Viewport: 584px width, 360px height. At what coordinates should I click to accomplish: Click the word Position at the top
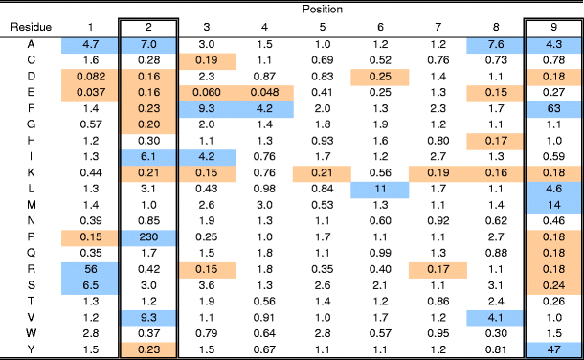(x=324, y=9)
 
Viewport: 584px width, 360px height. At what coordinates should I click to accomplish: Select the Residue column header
(x=31, y=27)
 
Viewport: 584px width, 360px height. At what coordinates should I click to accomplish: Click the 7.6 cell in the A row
(x=495, y=43)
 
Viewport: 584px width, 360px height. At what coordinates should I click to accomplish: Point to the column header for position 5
(x=323, y=27)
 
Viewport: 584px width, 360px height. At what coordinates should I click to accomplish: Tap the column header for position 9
(x=552, y=27)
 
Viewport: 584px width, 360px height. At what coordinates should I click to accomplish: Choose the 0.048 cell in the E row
(x=264, y=95)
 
